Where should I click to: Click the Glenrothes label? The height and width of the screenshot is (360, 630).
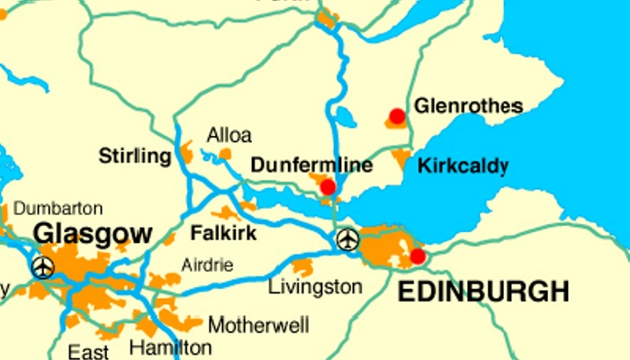coord(468,106)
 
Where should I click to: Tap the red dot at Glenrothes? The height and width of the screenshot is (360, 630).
coord(396,116)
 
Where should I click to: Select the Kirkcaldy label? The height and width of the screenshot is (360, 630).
coord(463,166)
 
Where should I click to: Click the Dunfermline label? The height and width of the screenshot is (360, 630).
coord(311,166)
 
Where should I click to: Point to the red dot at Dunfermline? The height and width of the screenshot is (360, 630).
coord(328,186)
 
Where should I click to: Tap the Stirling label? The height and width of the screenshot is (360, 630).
coord(134,157)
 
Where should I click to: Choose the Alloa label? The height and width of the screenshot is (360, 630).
coord(229,135)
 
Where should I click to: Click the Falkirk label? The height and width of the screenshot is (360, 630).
coord(224,234)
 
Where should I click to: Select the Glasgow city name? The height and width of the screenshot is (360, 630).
coord(93,235)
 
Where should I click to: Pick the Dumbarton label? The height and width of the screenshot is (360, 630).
coord(58,209)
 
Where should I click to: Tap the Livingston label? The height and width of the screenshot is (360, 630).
coord(316,287)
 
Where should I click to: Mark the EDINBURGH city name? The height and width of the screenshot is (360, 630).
coord(483,292)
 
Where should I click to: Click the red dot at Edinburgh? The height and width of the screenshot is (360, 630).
coord(417,256)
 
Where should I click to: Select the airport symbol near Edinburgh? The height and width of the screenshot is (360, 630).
coord(347,240)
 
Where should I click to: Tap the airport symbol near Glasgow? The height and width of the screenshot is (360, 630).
coord(42,267)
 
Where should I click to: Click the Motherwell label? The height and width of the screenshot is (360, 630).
coord(258,324)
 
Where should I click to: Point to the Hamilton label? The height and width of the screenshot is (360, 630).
coord(171,347)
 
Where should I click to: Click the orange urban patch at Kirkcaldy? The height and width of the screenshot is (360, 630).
coord(400,159)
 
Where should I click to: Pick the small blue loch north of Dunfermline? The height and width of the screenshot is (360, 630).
coord(346,117)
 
